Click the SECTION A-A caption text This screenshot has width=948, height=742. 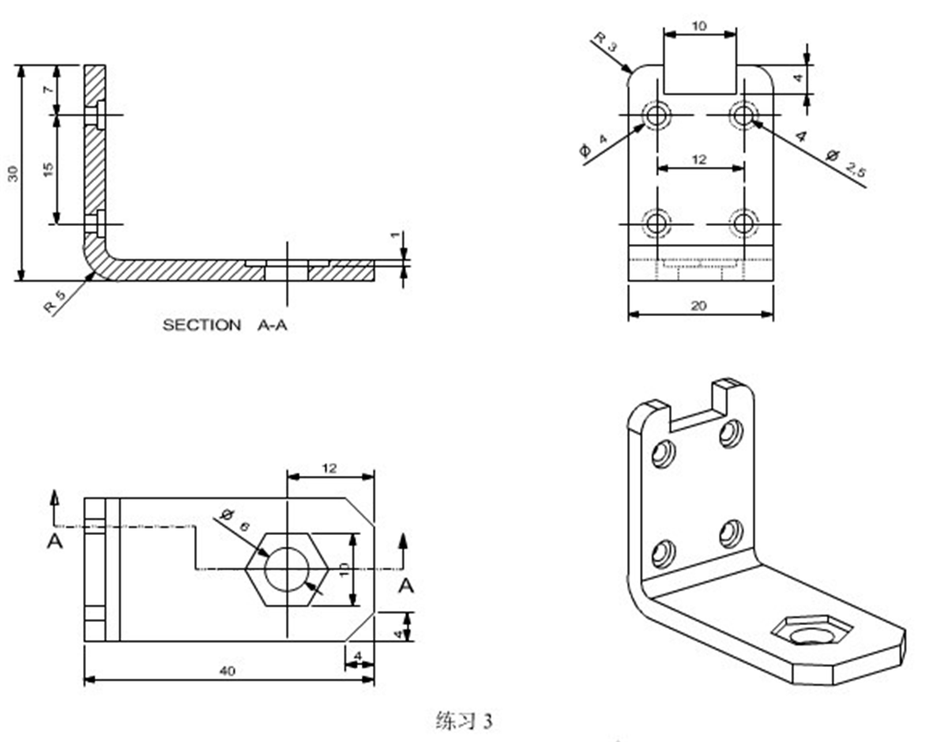224,325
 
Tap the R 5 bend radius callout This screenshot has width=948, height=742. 54,303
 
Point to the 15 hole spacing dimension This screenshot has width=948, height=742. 49,169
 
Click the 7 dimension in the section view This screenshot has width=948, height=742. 49,89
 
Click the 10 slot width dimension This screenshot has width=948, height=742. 699,25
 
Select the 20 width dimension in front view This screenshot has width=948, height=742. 699,306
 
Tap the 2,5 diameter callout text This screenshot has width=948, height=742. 856,168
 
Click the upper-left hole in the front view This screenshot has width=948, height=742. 656,116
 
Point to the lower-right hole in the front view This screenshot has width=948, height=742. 743,224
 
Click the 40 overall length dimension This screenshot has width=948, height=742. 228,671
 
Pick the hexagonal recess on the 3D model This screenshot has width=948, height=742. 812,631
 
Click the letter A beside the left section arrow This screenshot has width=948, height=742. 54,541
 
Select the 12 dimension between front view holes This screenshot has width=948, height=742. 699,160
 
